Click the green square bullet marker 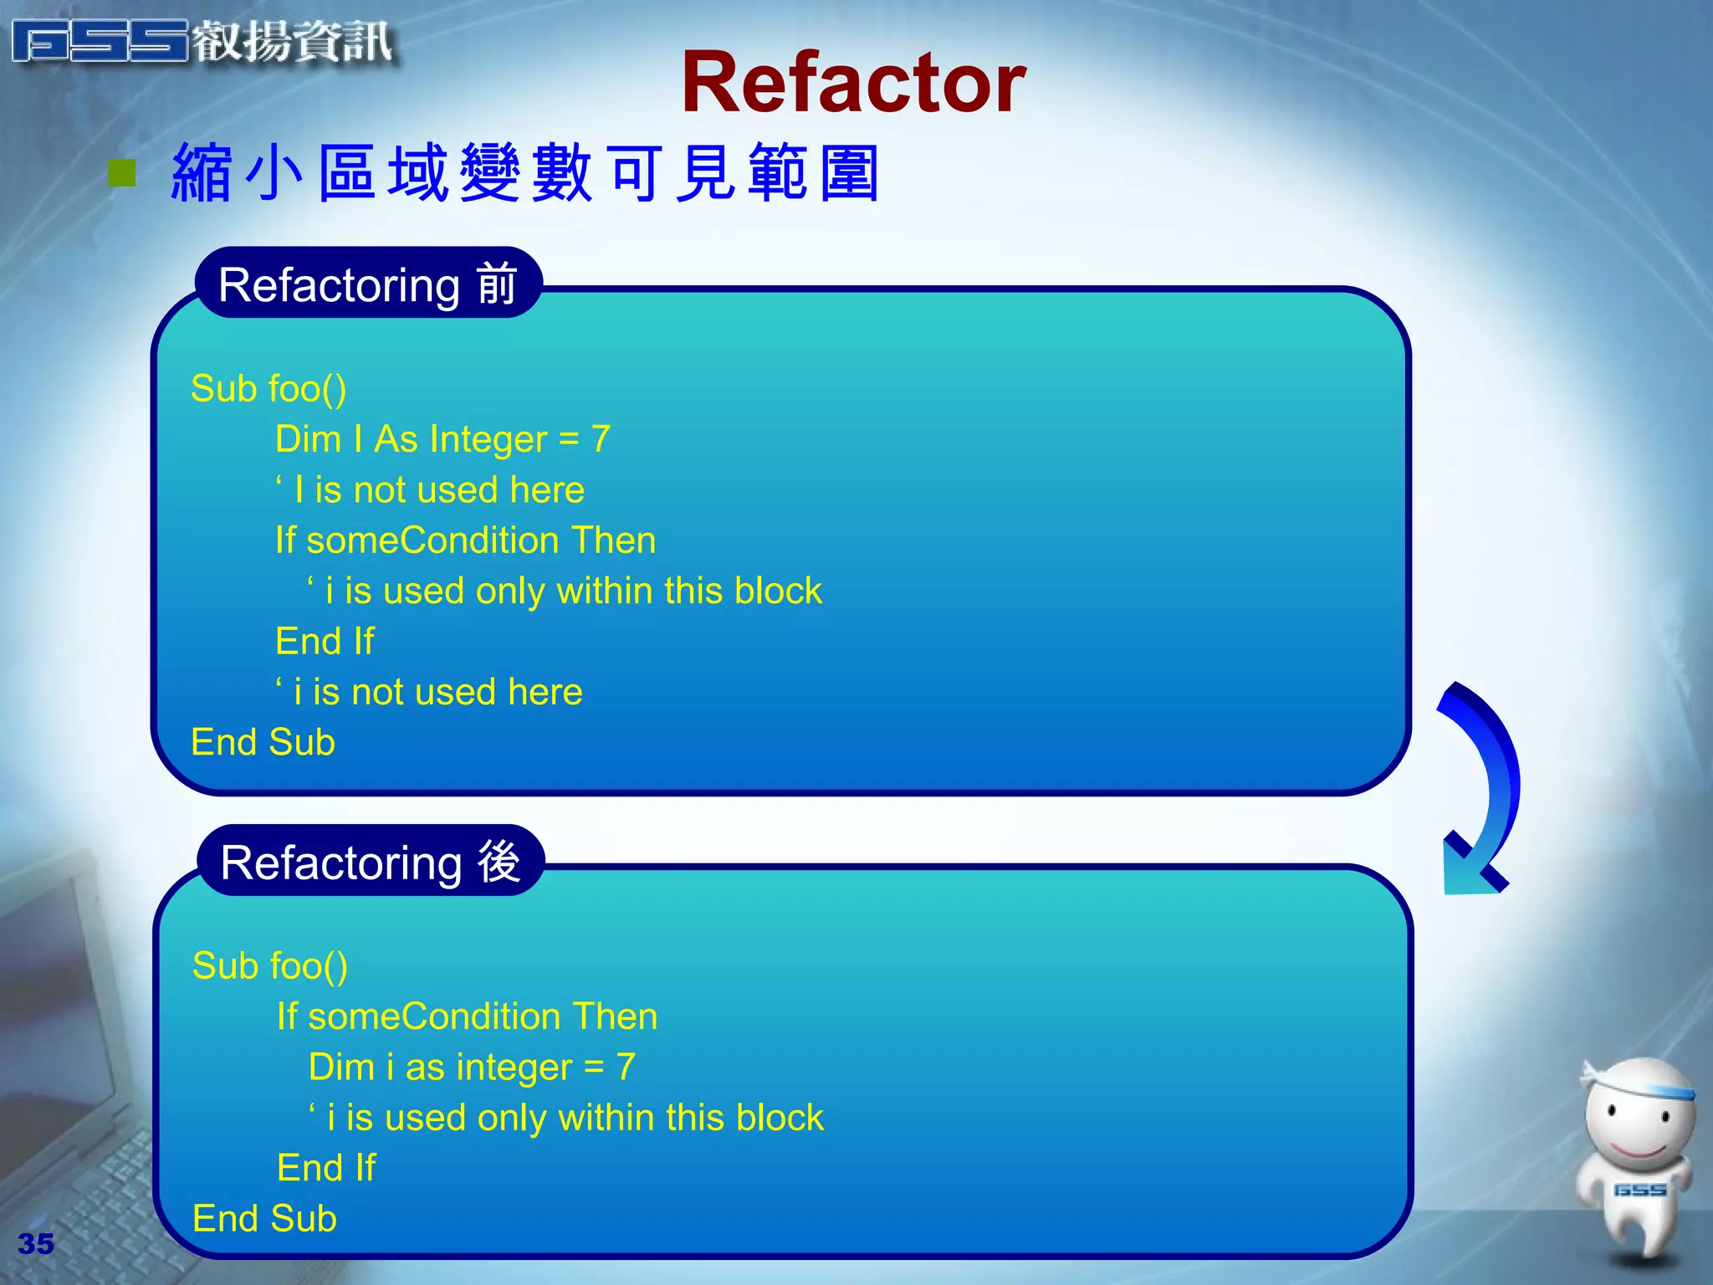pyautogui.click(x=122, y=173)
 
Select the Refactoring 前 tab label pyautogui.click(x=368, y=284)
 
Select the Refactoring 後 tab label pyautogui.click(x=371, y=862)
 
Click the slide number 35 pyautogui.click(x=36, y=1244)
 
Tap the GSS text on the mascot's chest pyautogui.click(x=1639, y=1190)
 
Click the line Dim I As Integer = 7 pyautogui.click(x=442, y=439)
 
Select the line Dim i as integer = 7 pyautogui.click(x=472, y=1067)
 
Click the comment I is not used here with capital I pyautogui.click(x=430, y=490)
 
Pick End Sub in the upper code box pyautogui.click(x=263, y=743)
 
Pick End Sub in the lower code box pyautogui.click(x=264, y=1219)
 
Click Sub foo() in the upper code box pyautogui.click(x=268, y=389)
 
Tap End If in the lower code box pyautogui.click(x=326, y=1168)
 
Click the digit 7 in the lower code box pyautogui.click(x=626, y=1067)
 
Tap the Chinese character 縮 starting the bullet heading pyautogui.click(x=202, y=173)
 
